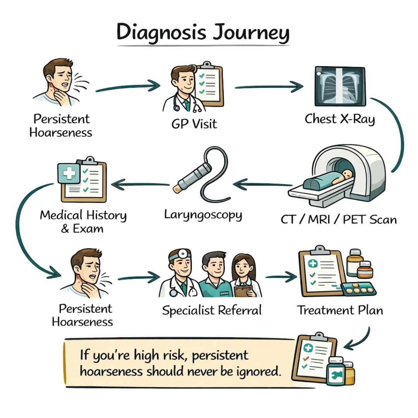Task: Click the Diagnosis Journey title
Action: point(203,33)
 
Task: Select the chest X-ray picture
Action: point(340,86)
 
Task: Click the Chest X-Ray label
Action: point(339,119)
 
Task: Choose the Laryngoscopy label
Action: point(203,214)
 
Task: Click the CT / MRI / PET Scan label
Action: point(339,219)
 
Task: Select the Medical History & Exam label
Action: point(83,221)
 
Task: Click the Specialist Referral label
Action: point(212,310)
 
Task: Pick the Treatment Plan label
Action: point(340,310)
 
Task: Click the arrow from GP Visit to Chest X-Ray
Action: point(269,87)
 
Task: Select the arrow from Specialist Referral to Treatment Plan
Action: point(281,277)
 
